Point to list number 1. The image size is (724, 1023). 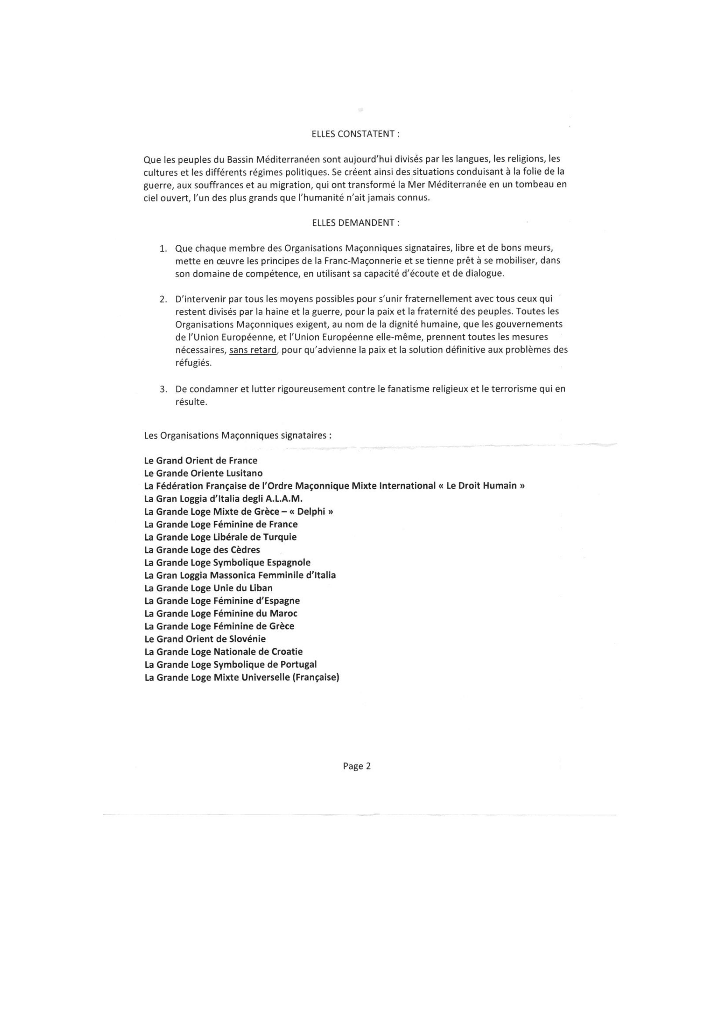tap(163, 248)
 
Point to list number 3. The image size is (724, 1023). tap(163, 389)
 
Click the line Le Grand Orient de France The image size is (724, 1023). tap(200, 460)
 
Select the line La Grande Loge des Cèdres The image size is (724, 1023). tap(202, 550)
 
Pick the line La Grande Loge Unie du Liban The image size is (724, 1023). tap(208, 588)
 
